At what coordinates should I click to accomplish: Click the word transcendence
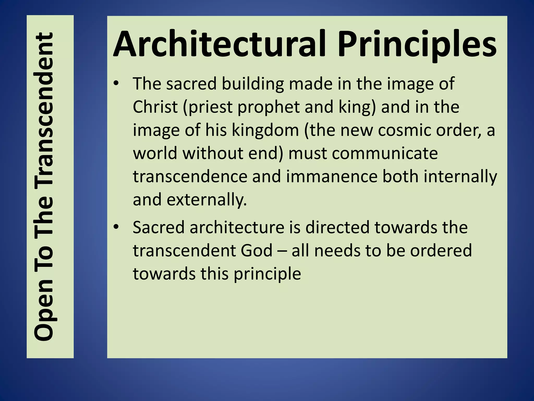190,176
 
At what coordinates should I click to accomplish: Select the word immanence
332,176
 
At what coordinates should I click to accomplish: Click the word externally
207,200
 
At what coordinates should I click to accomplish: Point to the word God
257,250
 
